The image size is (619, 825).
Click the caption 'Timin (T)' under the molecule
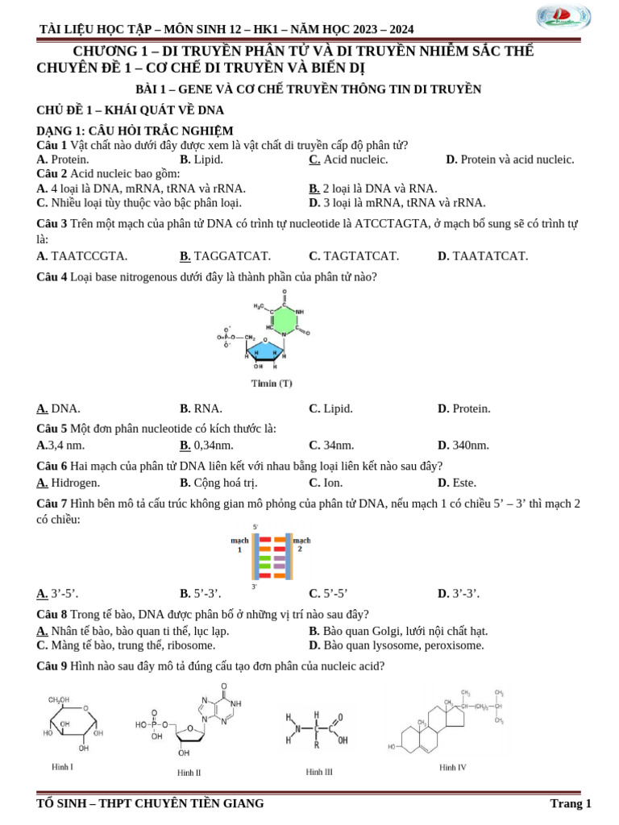coord(272,383)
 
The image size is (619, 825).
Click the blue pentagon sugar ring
coord(267,353)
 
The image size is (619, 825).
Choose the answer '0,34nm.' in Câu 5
coord(214,445)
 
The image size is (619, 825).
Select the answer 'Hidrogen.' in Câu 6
coord(75,483)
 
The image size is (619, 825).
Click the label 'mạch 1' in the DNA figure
coord(239,545)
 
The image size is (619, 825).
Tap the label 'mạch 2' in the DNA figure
coord(301,544)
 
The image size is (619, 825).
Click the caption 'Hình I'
coord(62,767)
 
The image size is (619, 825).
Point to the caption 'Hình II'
coord(189,773)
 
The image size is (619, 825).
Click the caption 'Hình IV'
coord(453,768)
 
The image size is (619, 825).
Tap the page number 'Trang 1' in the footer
coord(571,803)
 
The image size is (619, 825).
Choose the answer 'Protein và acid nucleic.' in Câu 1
coord(517,160)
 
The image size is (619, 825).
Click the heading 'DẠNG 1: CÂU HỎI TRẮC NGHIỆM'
coord(135,131)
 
